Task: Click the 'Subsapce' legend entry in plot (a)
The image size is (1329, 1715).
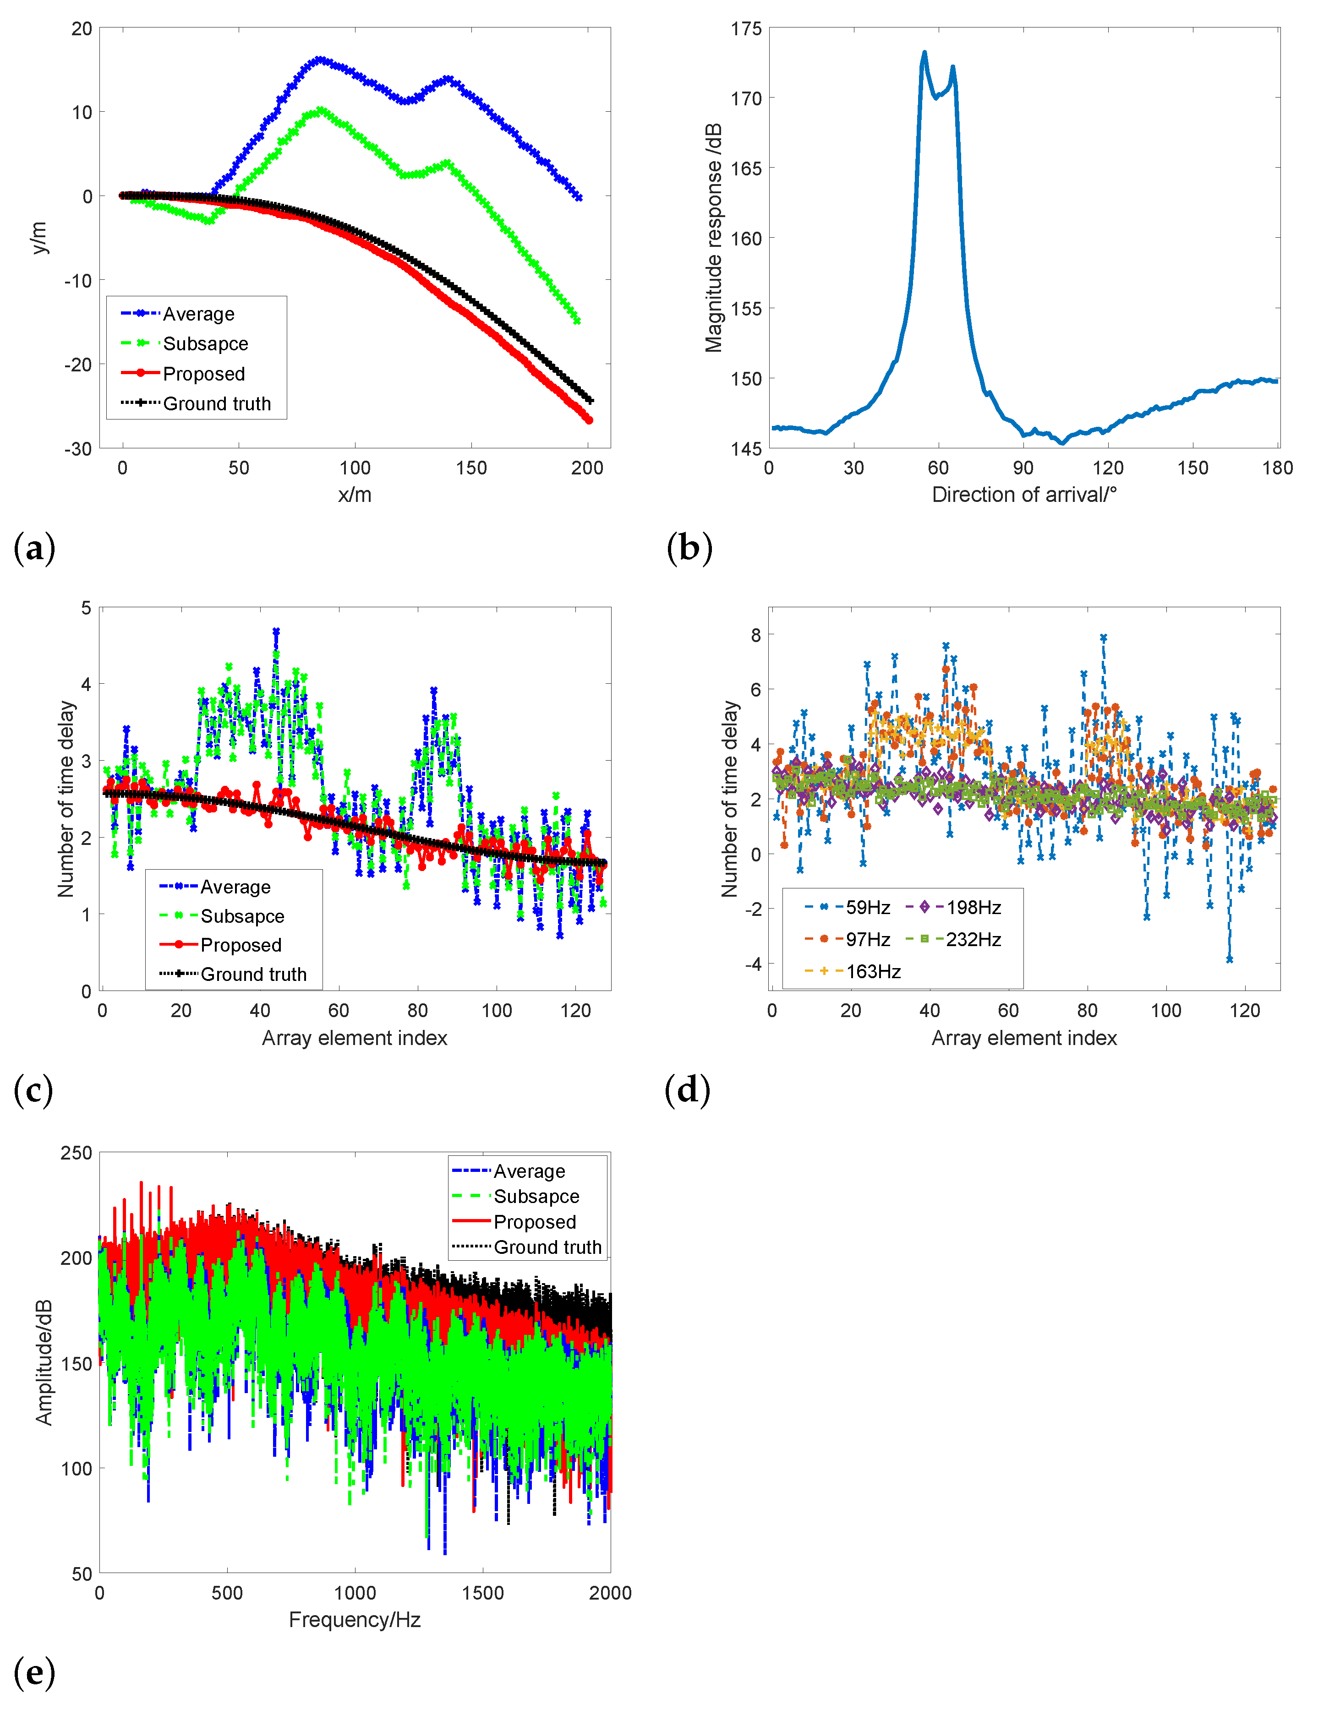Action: pos(204,344)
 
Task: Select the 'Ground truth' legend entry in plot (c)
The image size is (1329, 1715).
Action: pos(253,975)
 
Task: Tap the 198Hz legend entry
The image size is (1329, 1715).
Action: pos(973,908)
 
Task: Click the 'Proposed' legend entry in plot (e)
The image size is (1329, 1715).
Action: pos(534,1222)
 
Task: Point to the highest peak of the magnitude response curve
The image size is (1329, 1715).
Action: pos(924,53)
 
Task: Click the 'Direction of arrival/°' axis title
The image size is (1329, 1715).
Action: pos(1023,495)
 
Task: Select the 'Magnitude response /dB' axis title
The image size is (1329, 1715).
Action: pos(713,238)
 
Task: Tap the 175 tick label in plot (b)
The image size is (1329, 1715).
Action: pos(746,29)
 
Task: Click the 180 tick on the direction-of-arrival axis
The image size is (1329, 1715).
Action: pos(1277,468)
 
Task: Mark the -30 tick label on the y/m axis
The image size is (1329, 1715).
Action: pos(78,449)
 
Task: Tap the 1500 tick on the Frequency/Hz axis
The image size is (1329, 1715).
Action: pos(482,1593)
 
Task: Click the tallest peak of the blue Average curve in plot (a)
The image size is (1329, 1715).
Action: pos(319,60)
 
